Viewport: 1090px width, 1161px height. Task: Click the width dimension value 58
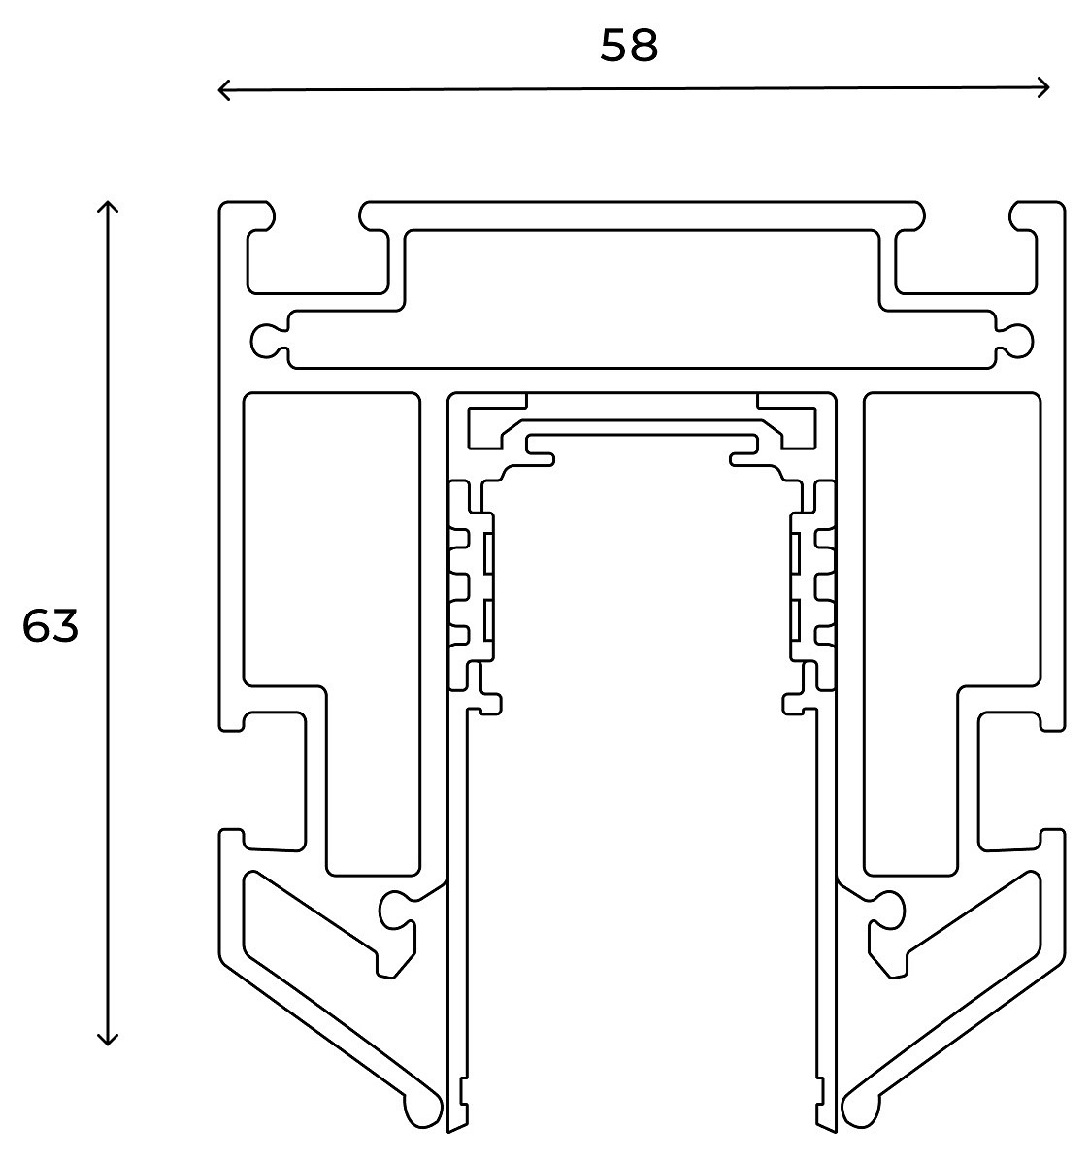(x=629, y=46)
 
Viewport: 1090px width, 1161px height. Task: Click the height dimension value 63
(x=50, y=627)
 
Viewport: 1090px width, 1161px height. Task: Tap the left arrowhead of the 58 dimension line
(x=222, y=90)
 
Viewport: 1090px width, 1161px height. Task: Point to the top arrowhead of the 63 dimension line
(x=109, y=206)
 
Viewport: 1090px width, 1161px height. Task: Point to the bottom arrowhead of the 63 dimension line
(x=109, y=1041)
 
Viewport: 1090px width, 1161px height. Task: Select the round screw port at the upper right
(x=1017, y=340)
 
